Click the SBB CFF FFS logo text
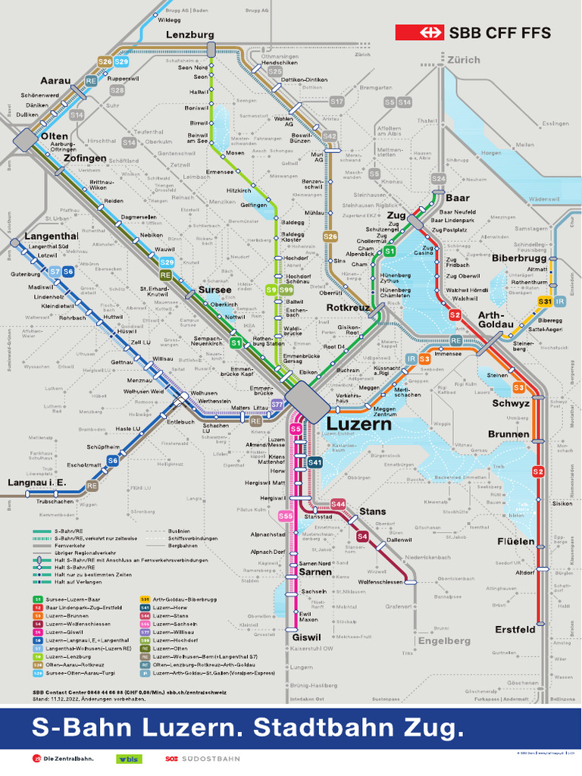pos(499,33)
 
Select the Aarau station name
pos(55,81)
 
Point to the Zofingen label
pos(85,159)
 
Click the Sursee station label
pos(214,290)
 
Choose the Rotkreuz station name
pos(348,308)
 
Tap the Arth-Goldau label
pos(496,320)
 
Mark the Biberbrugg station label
pos(519,258)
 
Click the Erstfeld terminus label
pos(515,630)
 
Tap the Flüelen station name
pos(516,541)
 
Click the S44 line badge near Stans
pos(338,504)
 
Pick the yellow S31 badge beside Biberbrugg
pos(544,302)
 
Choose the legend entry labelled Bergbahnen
pos(182,545)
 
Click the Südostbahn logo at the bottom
pos(202,759)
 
